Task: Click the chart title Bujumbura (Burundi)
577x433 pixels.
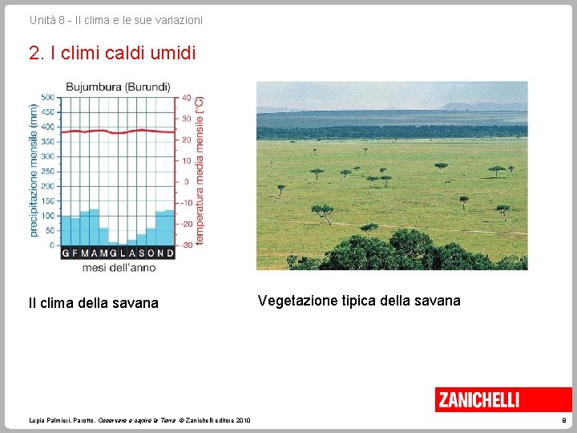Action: coord(118,87)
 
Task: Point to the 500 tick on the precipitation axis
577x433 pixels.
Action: coord(47,98)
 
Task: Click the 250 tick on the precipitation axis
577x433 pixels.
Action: coord(47,172)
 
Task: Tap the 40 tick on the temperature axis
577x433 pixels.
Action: coord(186,98)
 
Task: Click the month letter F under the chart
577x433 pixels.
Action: coord(75,253)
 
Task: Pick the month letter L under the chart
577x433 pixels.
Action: coord(123,253)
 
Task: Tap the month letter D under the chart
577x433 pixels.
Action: coord(170,253)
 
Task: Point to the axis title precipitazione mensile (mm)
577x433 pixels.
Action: coord(34,170)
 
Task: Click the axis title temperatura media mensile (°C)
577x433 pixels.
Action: coord(200,170)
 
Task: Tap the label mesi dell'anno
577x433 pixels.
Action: coord(119,267)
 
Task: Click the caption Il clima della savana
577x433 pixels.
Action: coord(93,303)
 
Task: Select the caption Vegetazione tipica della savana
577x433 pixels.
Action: coord(359,301)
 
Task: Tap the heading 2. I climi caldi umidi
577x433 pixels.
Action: coord(111,54)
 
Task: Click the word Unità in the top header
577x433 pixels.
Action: coord(42,19)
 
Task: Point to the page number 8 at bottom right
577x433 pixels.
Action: coord(564,420)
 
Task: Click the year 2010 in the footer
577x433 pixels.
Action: coord(243,420)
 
